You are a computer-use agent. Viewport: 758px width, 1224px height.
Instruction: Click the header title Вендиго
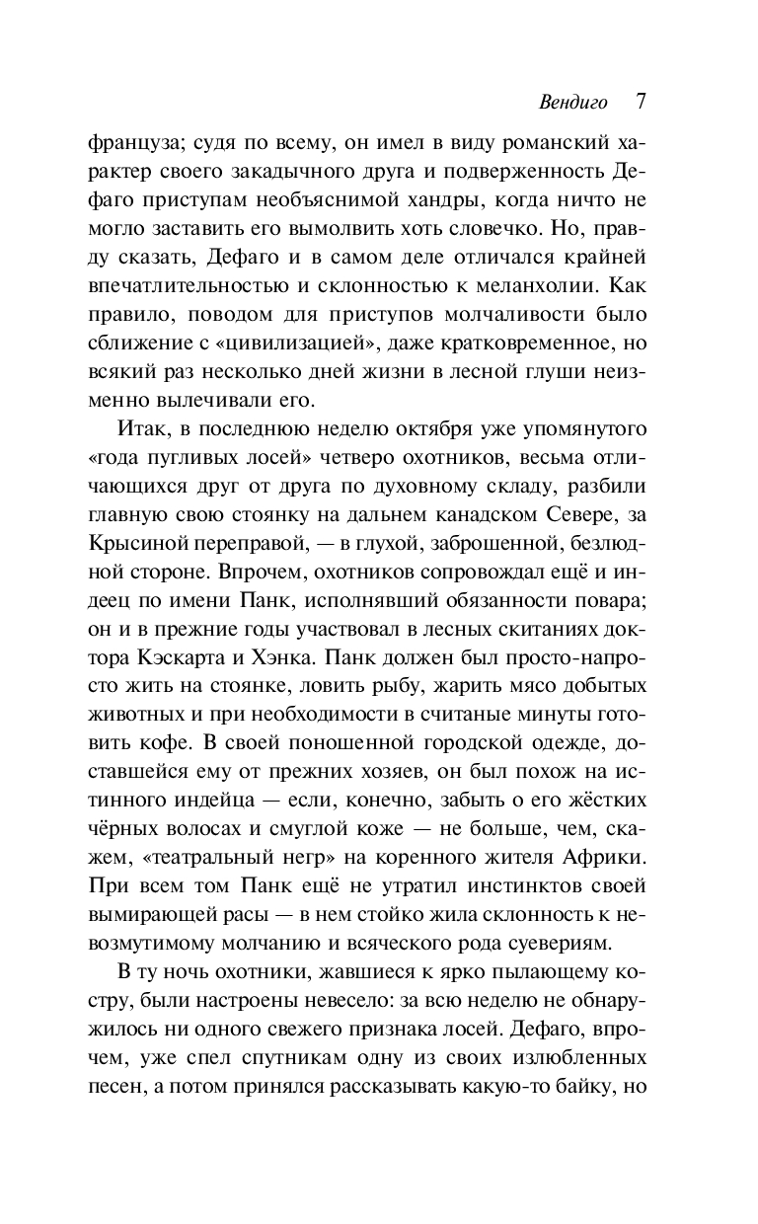[x=573, y=102]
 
